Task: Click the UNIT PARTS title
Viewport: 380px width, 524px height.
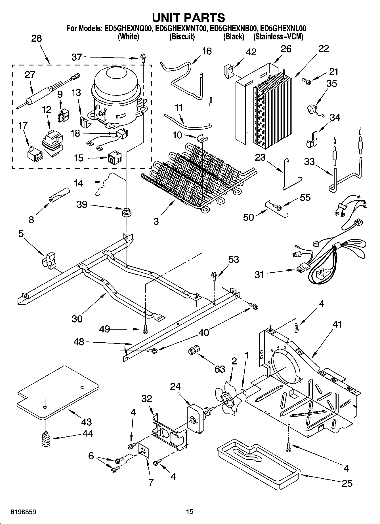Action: coord(188,18)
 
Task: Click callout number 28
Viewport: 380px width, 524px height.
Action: coord(36,38)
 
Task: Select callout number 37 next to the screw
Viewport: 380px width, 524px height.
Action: coord(77,57)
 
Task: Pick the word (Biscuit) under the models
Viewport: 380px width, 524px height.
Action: coord(182,37)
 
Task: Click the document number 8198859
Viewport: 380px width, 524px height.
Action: coord(24,512)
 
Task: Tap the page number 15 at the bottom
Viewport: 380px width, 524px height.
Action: coord(190,512)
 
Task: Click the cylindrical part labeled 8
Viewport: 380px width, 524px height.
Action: coord(59,195)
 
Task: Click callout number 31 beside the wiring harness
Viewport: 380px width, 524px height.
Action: coord(259,274)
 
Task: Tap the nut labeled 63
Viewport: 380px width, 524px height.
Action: coord(193,351)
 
